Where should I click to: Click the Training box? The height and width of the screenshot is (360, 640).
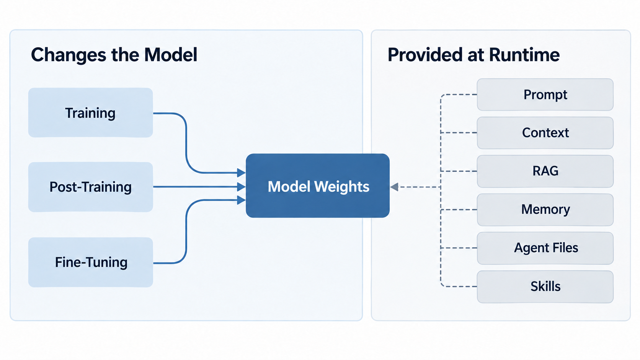[x=91, y=112]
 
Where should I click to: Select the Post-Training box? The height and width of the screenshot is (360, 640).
[x=91, y=187]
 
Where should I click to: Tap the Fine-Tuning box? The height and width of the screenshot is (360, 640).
[x=91, y=262]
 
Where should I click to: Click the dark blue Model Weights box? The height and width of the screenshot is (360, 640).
[x=317, y=186]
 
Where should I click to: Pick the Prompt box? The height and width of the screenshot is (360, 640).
[x=545, y=94]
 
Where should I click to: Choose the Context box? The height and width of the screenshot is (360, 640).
[x=545, y=133]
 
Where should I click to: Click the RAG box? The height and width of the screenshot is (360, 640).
[x=545, y=171]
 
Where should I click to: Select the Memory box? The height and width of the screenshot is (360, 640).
[x=545, y=210]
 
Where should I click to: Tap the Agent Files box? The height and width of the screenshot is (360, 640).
[x=545, y=248]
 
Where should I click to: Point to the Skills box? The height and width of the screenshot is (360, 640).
[x=545, y=287]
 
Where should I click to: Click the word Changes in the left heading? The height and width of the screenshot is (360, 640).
[x=69, y=55]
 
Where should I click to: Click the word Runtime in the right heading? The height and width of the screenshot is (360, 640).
[x=524, y=55]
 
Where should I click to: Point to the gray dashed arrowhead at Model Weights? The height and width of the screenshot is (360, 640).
[x=394, y=187]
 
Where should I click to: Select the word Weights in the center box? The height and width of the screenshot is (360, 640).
[x=342, y=187]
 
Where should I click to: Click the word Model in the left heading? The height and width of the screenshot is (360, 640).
[x=171, y=55]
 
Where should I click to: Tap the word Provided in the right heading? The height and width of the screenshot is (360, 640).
[x=424, y=55]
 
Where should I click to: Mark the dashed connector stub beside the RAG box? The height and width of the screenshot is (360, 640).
[x=459, y=171]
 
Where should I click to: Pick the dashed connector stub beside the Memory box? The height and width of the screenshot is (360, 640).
[x=459, y=210]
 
